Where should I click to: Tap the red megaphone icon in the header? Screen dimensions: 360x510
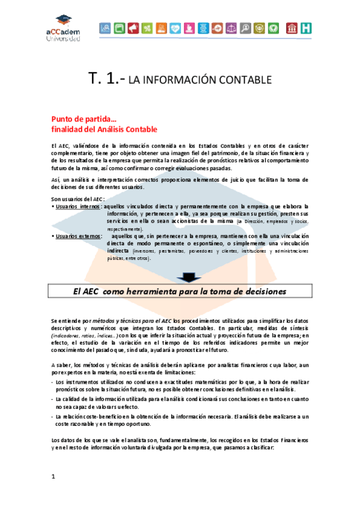coord(133,28)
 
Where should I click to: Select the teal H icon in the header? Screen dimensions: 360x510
coord(307,28)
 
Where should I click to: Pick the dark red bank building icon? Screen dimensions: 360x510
coord(292,28)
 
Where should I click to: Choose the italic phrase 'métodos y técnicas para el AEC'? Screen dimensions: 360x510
coord(133,322)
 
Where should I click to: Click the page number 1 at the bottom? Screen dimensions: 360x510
coord(53,476)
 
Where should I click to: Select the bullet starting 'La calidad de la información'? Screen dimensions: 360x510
coord(180,398)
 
